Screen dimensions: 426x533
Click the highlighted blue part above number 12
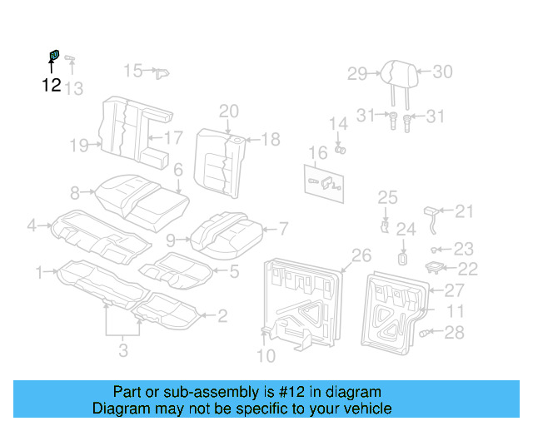tap(52, 56)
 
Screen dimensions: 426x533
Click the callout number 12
tap(51, 85)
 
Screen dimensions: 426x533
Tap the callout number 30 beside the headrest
tap(442, 72)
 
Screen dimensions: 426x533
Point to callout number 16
tap(318, 153)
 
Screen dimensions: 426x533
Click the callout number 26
tap(361, 255)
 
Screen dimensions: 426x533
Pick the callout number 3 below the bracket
tap(123, 350)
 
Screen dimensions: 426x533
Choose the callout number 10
tap(265, 357)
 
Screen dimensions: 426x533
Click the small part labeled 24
tap(402, 257)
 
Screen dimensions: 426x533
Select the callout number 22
tap(468, 269)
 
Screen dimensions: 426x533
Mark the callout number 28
tap(453, 333)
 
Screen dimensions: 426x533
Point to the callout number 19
tap(79, 146)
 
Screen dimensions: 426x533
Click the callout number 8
tap(75, 193)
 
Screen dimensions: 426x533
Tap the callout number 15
tap(133, 71)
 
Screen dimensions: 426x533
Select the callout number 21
tap(464, 211)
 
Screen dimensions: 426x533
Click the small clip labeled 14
tap(341, 149)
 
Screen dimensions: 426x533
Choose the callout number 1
tap(39, 271)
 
